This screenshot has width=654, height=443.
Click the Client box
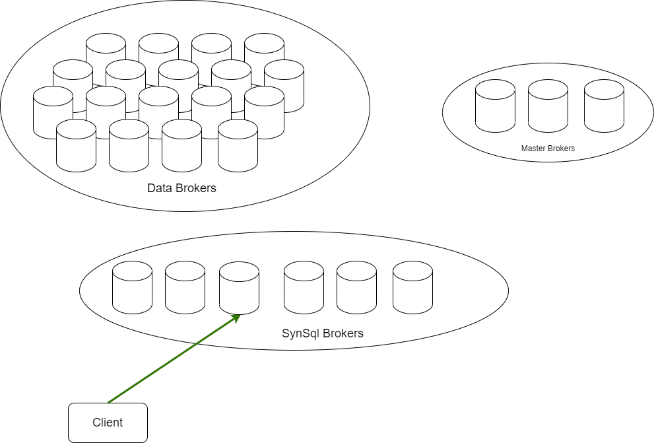click(108, 423)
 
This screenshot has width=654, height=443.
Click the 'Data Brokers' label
click(181, 188)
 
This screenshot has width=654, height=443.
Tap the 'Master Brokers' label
click(548, 149)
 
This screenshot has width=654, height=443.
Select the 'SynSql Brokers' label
click(323, 333)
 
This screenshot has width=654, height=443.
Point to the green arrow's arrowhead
click(236, 318)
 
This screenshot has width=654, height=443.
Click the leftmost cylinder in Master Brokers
click(495, 106)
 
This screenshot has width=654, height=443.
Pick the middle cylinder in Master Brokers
click(548, 106)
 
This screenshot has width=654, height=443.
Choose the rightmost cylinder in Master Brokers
click(604, 106)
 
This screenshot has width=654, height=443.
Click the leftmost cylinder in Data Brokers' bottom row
click(76, 146)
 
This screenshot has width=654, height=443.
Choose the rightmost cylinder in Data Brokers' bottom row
click(238, 146)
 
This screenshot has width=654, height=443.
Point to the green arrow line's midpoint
click(173, 360)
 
